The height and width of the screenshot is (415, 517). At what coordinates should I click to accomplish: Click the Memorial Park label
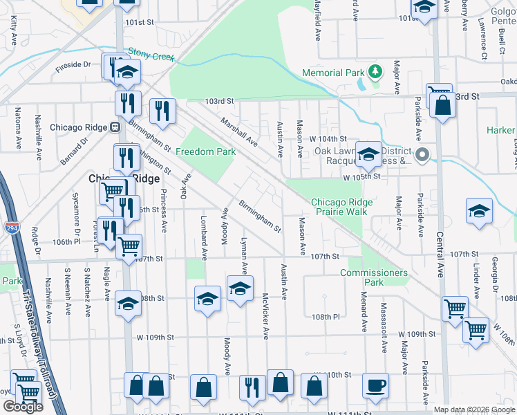pyautogui.click(x=332, y=73)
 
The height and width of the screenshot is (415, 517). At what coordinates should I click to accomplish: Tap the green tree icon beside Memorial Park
pyautogui.click(x=375, y=71)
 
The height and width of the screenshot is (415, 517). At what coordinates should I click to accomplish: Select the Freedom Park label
pyautogui.click(x=205, y=152)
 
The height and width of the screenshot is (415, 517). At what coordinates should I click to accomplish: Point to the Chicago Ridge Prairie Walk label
pyautogui.click(x=341, y=207)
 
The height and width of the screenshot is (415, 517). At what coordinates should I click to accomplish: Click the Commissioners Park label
pyautogui.click(x=373, y=277)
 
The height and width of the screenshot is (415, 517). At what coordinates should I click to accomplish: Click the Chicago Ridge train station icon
pyautogui.click(x=115, y=127)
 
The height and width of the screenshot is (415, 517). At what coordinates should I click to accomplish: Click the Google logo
pyautogui.click(x=22, y=407)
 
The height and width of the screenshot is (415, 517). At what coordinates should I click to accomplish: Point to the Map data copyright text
pyautogui.click(x=473, y=409)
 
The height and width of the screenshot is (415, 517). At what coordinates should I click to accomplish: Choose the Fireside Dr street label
pyautogui.click(x=73, y=64)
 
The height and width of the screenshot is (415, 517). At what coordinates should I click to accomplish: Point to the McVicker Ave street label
pyautogui.click(x=265, y=315)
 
